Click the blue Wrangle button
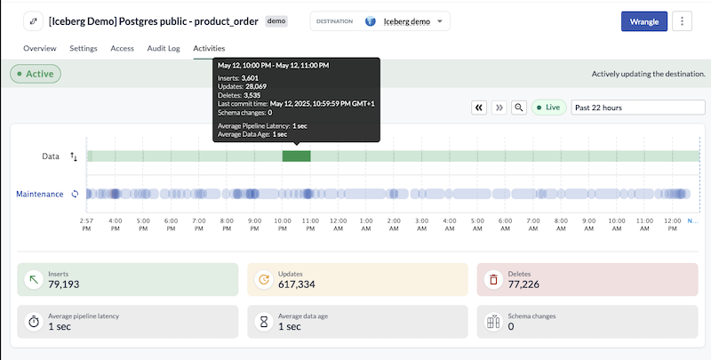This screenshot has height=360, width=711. click(644, 21)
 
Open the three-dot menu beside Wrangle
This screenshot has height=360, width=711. click(683, 21)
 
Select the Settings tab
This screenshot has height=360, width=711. click(84, 48)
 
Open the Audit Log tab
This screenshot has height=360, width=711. click(163, 48)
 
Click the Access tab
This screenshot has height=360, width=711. click(122, 48)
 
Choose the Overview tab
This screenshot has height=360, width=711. click(40, 48)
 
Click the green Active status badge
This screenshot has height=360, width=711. click(36, 74)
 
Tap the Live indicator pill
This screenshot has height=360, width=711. click(548, 107)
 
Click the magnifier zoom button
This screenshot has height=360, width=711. click(520, 107)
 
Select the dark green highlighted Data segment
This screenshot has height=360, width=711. click(296, 156)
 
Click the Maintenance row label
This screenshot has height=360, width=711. click(40, 194)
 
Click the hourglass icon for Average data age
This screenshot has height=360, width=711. click(263, 322)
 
